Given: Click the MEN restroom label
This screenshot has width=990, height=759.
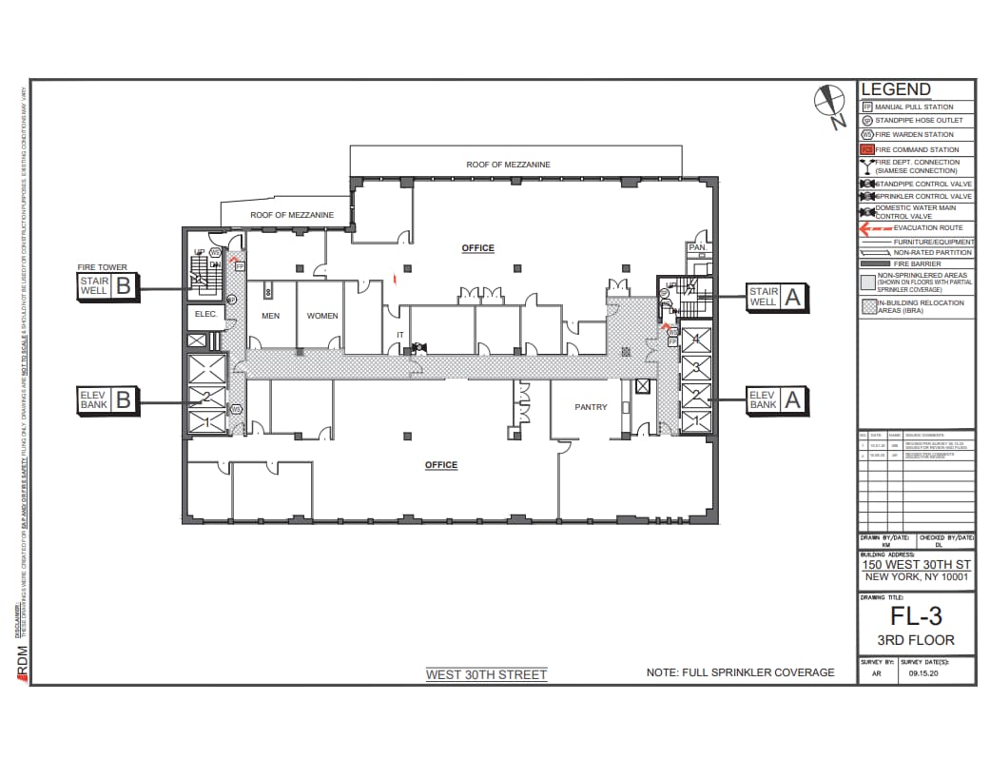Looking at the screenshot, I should click(270, 316).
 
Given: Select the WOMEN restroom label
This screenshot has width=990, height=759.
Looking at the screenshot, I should click(322, 316).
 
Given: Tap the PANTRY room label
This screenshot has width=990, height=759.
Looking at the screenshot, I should click(591, 407).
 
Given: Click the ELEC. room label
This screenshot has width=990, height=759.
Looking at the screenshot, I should click(206, 314).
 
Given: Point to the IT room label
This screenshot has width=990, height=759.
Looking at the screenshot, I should click(400, 335).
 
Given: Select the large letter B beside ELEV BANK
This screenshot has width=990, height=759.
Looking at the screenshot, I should click(123, 400).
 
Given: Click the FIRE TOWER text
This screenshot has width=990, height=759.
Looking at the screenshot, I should click(102, 268).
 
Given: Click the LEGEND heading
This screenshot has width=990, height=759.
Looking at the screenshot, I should click(895, 89).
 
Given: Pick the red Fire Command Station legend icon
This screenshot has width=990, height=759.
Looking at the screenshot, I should click(867, 149).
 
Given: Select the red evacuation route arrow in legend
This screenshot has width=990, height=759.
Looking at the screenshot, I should click(874, 228).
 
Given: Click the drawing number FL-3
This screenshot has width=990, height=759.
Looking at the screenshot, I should click(916, 616).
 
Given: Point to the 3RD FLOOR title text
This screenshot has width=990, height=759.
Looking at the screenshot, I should click(916, 640).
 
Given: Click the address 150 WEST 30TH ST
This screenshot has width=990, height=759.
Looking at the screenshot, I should click(916, 564).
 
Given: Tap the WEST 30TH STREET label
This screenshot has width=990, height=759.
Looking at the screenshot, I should click(486, 675).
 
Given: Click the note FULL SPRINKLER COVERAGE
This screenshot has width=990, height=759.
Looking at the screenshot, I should click(740, 672).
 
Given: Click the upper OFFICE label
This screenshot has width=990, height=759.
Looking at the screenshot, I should click(477, 248).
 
